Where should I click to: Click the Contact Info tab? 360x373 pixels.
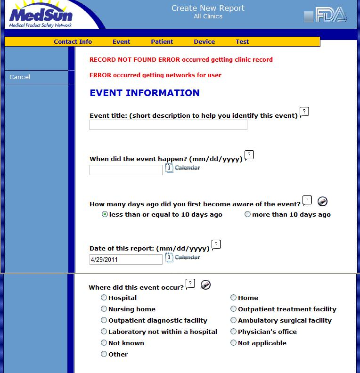(73, 41)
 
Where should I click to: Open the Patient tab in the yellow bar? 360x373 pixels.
(162, 41)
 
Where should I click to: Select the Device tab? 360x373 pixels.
(204, 41)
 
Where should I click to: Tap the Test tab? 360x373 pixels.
(242, 41)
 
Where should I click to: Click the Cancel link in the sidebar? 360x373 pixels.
(20, 77)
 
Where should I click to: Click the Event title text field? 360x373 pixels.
(168, 125)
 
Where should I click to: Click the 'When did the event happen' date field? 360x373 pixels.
(126, 170)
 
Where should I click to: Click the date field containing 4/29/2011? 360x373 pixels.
(126, 259)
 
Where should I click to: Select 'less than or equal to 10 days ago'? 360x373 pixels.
(105, 214)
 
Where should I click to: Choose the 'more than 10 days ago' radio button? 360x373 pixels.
(248, 214)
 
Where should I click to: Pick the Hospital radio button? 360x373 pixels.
(104, 298)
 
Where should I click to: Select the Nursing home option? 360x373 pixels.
(104, 309)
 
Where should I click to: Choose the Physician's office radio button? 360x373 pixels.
(234, 332)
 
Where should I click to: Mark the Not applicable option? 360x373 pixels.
(234, 343)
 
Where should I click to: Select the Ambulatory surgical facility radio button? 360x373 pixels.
(234, 320)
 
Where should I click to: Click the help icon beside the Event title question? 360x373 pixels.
(304, 113)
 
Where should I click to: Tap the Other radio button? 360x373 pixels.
(104, 354)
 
